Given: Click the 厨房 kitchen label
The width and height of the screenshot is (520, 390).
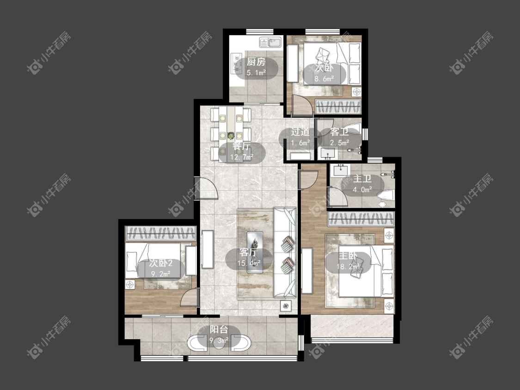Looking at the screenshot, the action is point(257,62).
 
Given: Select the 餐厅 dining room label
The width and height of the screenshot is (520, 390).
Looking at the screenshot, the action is point(241,146).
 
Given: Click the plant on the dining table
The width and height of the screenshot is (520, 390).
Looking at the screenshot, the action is point(231,135).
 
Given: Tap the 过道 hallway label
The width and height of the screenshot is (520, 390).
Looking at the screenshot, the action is point(300,132).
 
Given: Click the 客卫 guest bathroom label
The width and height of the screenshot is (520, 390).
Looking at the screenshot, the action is point(339,132).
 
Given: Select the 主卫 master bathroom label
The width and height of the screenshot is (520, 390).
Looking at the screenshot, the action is point(362,179).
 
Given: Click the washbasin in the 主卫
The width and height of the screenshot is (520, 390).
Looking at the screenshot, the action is point(341,170).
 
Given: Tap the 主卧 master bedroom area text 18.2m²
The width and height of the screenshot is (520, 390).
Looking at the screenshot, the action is point(348,266).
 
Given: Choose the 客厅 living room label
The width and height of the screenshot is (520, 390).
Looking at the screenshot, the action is point(249,252).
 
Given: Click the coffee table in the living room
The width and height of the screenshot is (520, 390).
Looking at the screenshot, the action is point(255,252).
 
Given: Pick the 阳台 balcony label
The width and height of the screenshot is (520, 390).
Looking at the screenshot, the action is point(219,329).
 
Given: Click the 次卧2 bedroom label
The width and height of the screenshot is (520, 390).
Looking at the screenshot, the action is point(160,263).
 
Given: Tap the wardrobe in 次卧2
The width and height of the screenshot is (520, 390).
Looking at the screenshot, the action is point(161,233).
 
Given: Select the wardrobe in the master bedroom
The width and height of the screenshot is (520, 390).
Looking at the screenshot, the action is point(361,219).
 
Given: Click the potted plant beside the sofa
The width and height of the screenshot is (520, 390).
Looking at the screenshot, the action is point(285,306).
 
